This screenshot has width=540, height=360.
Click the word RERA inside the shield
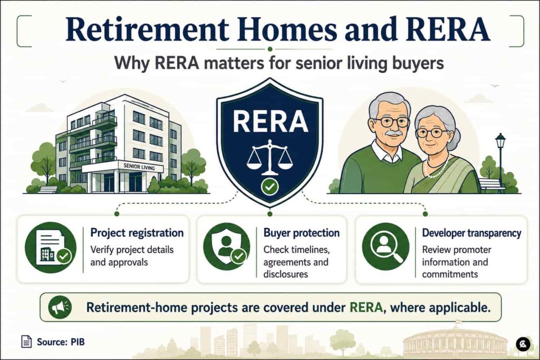[271, 121]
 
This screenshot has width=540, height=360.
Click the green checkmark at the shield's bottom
[269, 187]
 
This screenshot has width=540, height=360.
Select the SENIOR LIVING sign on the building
[139, 167]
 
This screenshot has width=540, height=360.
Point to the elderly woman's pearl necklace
[437, 167]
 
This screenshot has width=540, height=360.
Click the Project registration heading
[137, 232]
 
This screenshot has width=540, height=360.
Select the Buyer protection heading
[301, 232]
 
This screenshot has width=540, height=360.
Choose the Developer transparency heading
[471, 232]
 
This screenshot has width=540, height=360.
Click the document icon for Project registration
[51, 247]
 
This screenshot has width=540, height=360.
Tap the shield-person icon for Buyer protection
[227, 247]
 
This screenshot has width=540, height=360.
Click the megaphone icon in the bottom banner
[60, 307]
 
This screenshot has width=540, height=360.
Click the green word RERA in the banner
[366, 307]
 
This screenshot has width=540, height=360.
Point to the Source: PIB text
[61, 342]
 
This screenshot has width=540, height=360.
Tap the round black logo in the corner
[523, 344]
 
